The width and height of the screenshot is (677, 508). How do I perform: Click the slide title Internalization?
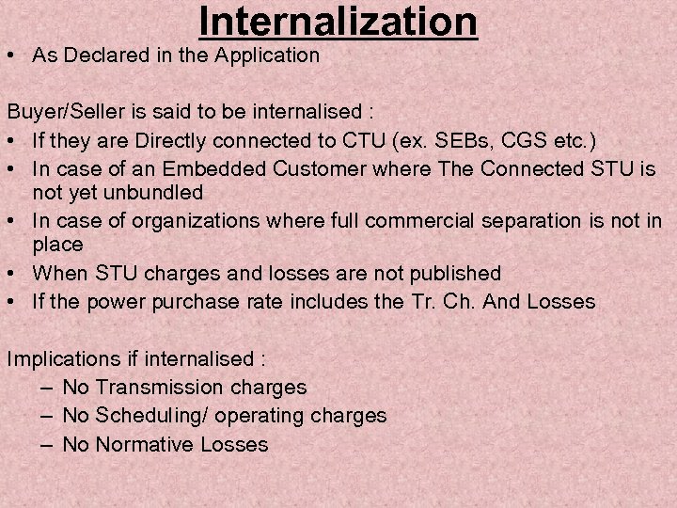pos(338,23)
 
